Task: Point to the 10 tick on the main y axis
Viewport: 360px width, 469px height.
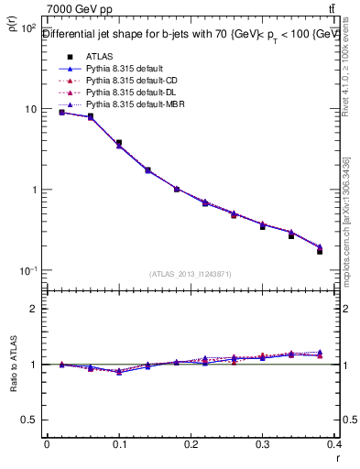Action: point(29,109)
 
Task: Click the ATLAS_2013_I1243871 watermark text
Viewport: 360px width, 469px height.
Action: point(190,274)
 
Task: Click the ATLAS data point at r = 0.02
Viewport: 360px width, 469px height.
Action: point(61,112)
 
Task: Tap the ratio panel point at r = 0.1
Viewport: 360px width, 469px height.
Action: point(119,372)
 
